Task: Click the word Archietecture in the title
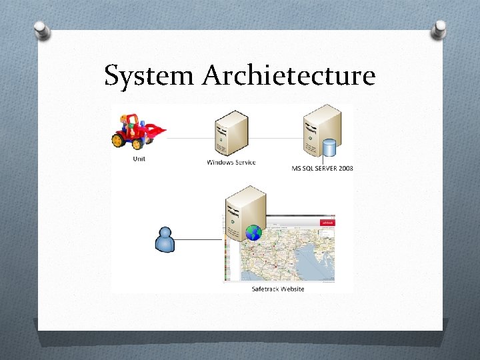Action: point(289,76)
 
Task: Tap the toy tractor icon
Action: point(137,131)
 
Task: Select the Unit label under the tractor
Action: point(139,159)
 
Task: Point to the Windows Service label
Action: point(231,162)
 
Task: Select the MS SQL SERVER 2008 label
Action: point(323,168)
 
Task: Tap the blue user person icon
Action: point(164,240)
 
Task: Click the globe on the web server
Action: point(253,233)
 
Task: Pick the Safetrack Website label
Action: point(278,289)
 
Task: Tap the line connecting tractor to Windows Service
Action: point(190,138)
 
